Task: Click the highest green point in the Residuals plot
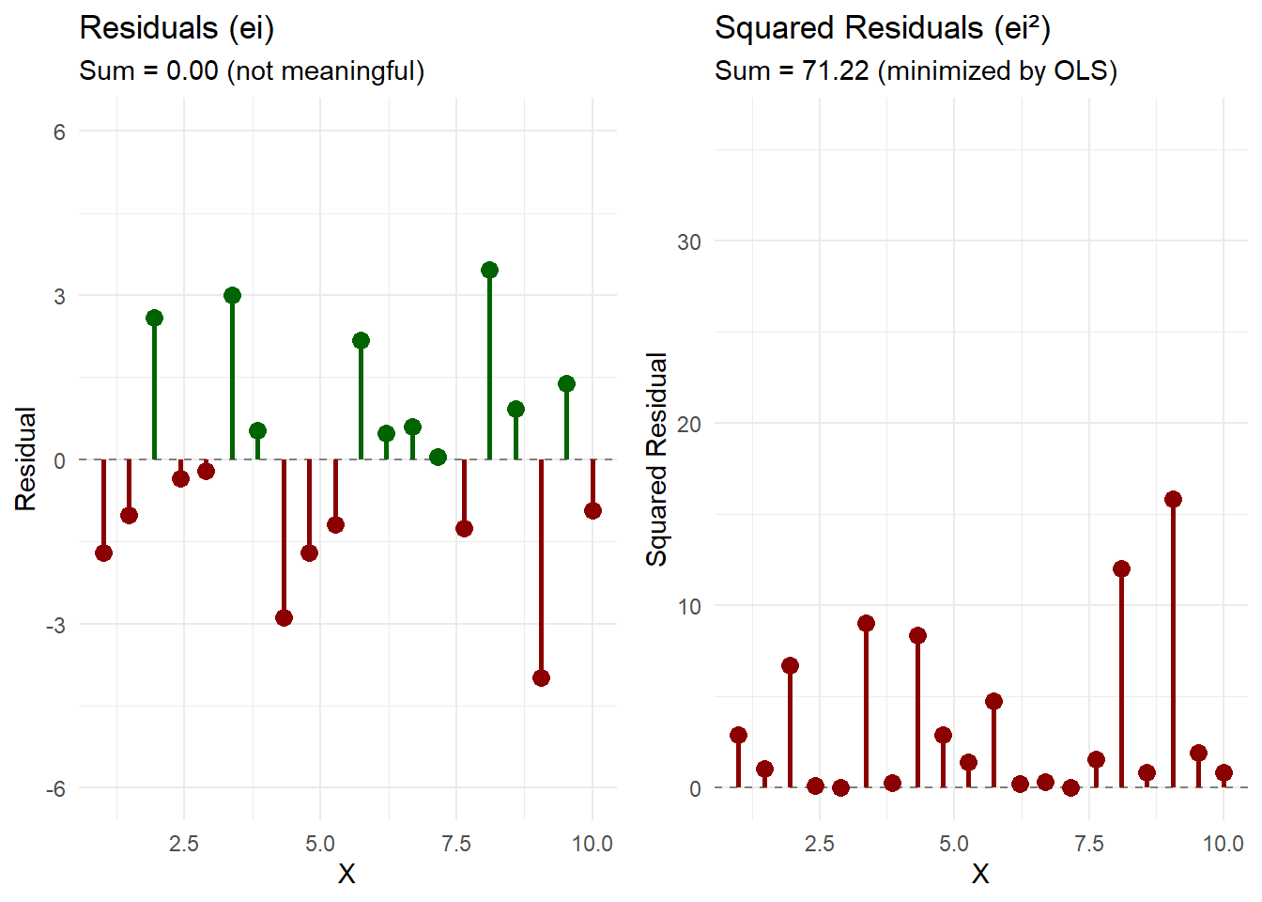489,271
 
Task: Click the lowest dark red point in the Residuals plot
541,677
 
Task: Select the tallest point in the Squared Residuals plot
1173,499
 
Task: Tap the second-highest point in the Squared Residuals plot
1121,568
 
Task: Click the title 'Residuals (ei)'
177,28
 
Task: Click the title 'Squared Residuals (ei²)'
882,28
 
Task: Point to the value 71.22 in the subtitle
835,71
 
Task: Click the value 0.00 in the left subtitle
192,71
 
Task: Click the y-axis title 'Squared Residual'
656,459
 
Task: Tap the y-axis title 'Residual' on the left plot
25,459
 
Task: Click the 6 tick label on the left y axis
59,132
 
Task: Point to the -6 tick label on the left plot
56,788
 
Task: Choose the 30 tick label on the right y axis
689,242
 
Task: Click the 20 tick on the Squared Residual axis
689,425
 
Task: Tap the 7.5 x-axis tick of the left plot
456,844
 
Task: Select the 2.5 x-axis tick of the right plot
819,844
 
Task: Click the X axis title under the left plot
346,875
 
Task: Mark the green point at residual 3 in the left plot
232,295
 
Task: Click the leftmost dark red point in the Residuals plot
103,552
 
